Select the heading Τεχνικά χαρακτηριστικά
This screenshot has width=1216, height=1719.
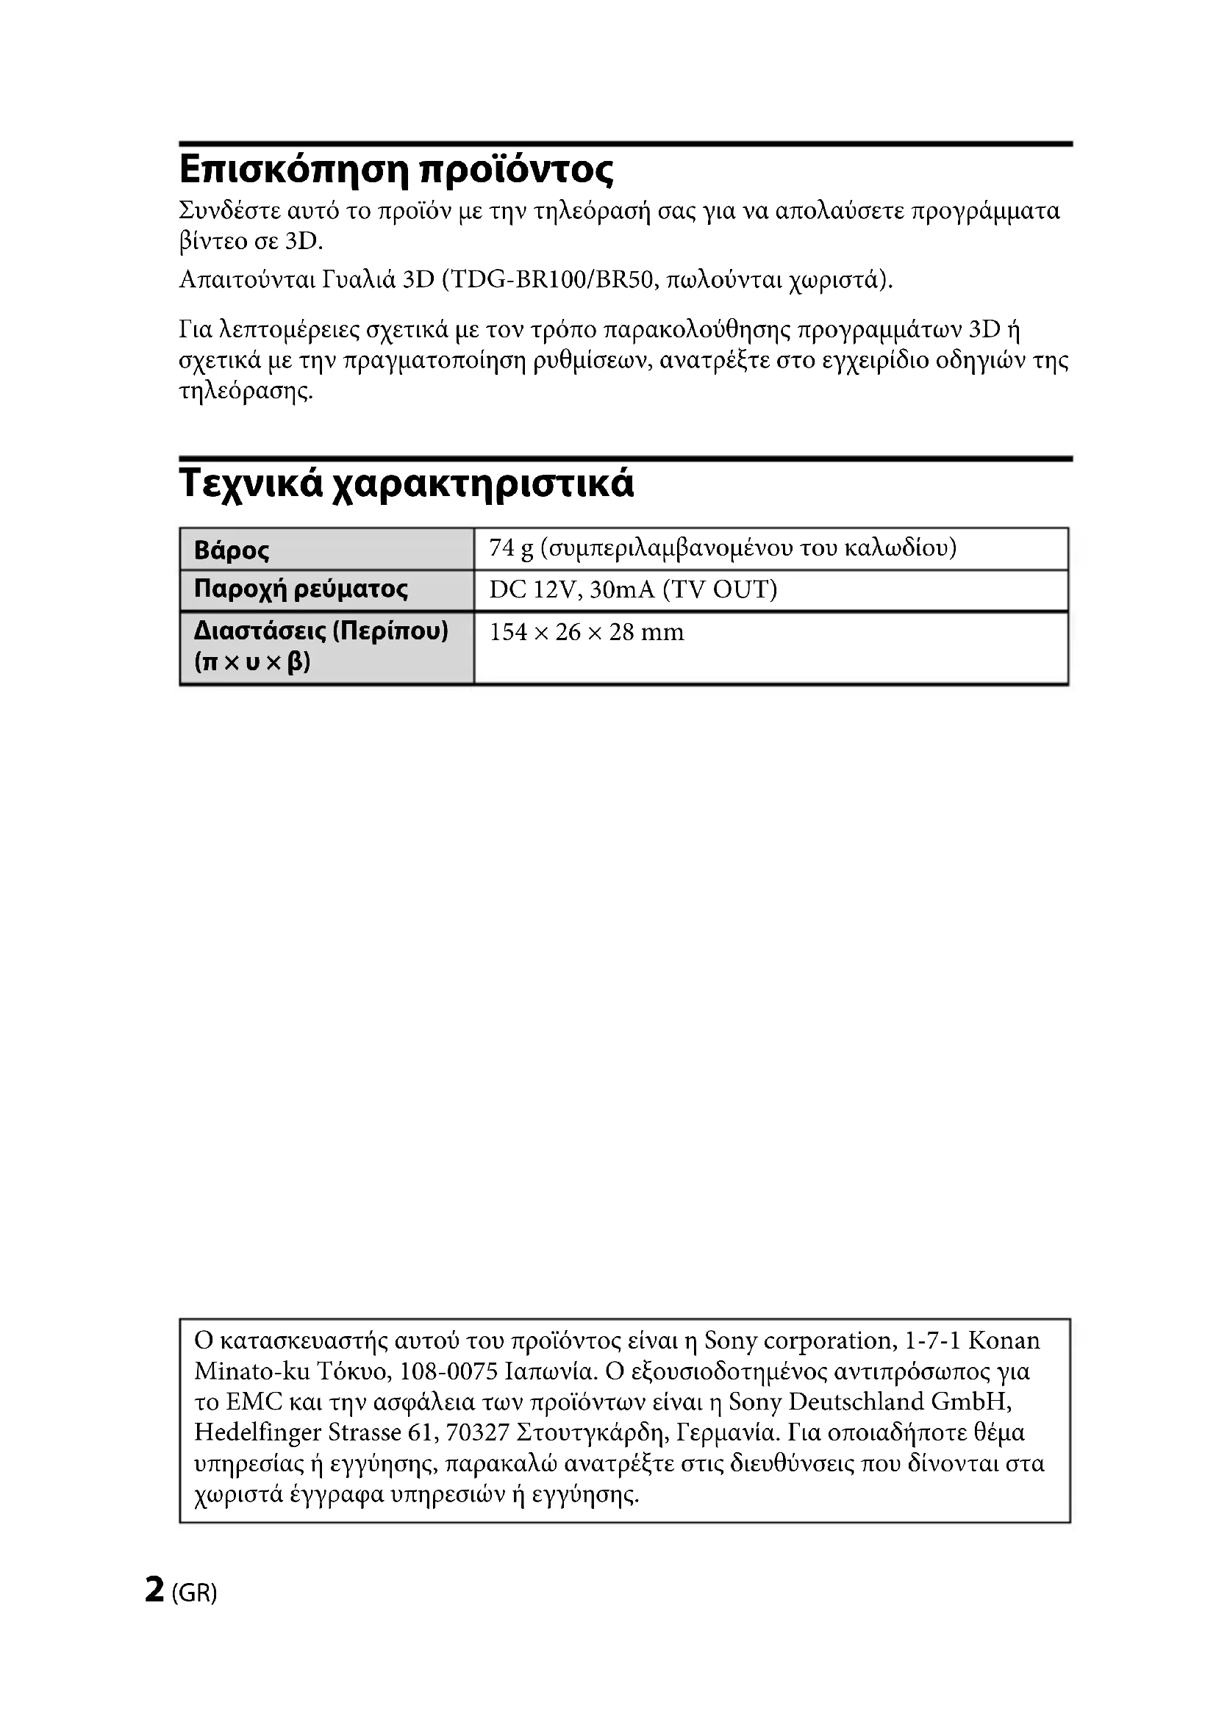tap(406, 483)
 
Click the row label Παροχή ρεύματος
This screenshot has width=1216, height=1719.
tap(301, 589)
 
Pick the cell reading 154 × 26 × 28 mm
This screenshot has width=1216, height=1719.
tap(586, 633)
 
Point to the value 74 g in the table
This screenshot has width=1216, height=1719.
tap(512, 548)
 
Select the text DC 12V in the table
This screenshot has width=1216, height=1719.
tap(532, 590)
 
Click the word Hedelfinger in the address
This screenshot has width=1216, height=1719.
tap(257, 1432)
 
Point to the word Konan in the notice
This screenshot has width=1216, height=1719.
tap(1004, 1341)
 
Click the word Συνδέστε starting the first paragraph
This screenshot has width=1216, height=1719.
tap(229, 211)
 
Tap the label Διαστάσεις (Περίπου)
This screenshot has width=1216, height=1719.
tap(321, 631)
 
